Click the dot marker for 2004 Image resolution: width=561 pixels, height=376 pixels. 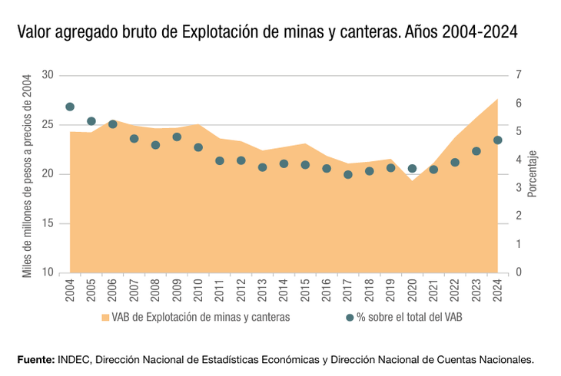click(70, 107)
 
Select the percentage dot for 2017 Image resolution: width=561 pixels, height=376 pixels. click(347, 174)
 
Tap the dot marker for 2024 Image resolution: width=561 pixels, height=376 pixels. click(497, 140)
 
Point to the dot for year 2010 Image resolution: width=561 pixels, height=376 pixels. click(198, 147)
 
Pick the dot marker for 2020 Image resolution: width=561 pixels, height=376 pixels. click(412, 169)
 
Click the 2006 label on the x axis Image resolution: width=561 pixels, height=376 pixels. click(113, 291)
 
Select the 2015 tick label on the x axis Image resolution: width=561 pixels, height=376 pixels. click(305, 291)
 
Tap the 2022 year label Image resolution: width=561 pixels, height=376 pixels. click(455, 291)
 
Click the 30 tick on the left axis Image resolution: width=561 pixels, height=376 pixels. click(48, 75)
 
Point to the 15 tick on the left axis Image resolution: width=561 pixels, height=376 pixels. click(48, 224)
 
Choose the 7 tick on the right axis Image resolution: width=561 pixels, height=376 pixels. click(519, 75)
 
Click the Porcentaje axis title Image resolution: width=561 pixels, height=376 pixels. click(532, 173)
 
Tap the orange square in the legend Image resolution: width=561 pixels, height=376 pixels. click(105, 317)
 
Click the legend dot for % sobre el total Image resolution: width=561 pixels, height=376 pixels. click(350, 317)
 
